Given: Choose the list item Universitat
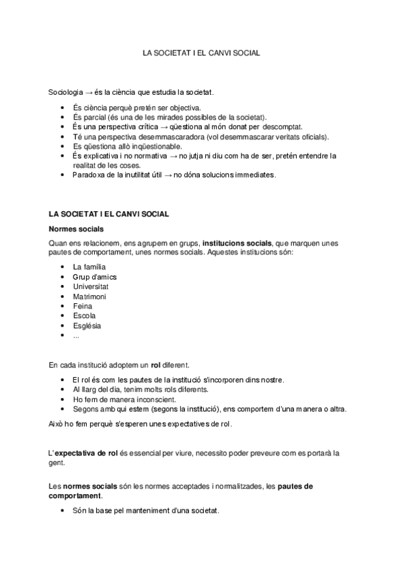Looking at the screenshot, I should click(91, 287).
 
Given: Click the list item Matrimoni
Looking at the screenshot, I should click(89, 296).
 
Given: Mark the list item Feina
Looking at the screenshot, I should click(83, 307).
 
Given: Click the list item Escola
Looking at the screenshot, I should click(84, 316).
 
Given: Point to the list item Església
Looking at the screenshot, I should click(87, 326).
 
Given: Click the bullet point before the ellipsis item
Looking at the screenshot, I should click(61, 335).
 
